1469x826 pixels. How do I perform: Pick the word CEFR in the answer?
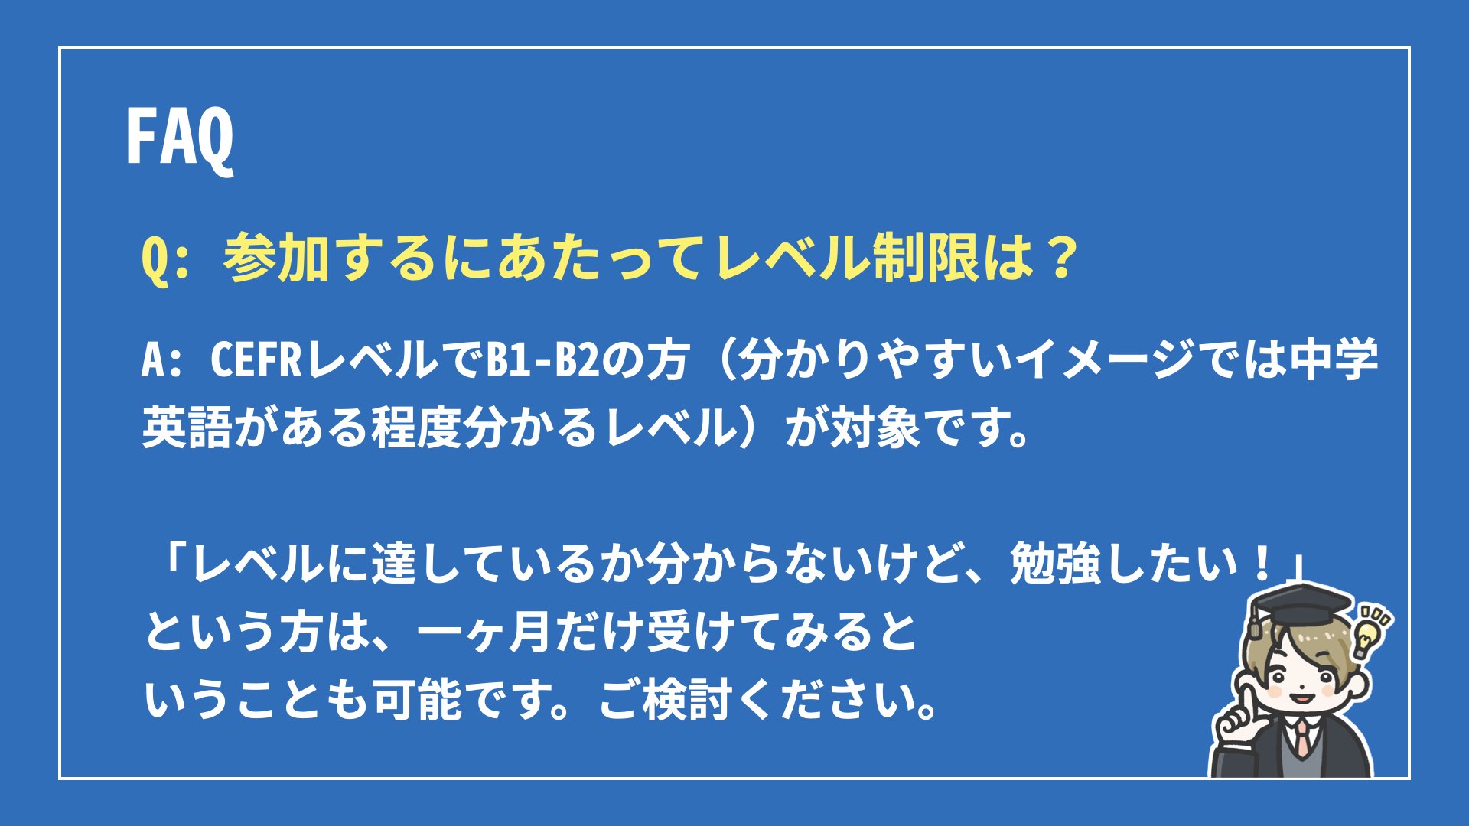click(x=256, y=359)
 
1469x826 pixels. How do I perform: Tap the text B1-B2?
click(x=543, y=359)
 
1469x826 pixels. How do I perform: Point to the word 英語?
click(x=187, y=426)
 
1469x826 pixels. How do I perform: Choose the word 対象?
click(x=875, y=426)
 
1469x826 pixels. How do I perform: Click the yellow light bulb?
click(x=1367, y=634)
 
